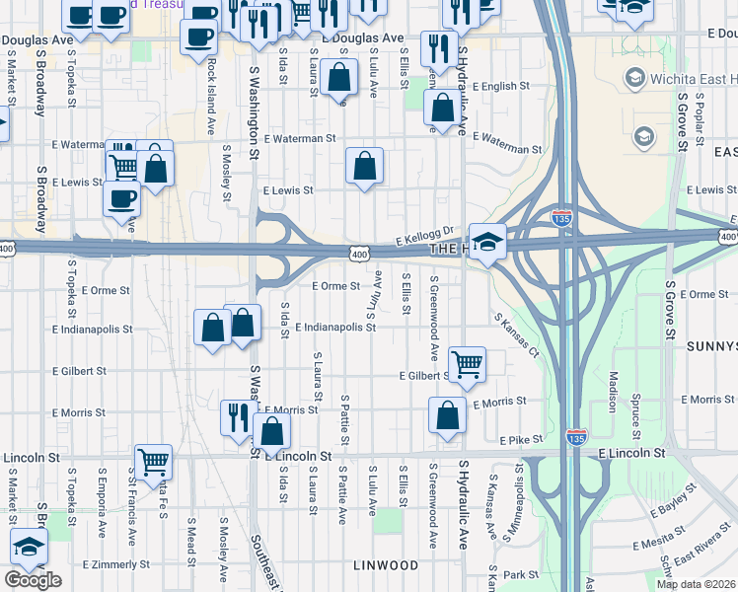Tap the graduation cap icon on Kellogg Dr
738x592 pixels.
(x=487, y=243)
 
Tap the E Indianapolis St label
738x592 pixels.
(x=335, y=326)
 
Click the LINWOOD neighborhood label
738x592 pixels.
(x=385, y=565)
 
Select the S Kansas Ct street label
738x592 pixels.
(x=517, y=335)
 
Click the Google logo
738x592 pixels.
(x=33, y=579)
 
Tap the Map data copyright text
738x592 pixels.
(x=697, y=584)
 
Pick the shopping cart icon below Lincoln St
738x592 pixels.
(x=153, y=461)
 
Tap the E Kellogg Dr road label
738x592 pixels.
(x=424, y=235)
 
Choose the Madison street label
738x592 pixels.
(x=613, y=390)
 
